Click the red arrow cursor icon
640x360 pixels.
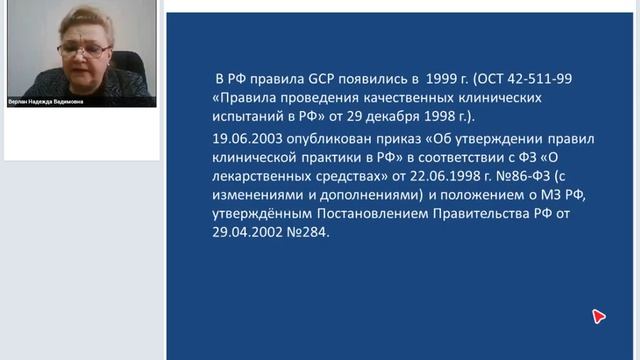[598, 317]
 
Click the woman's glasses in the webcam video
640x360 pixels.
[84, 46]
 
